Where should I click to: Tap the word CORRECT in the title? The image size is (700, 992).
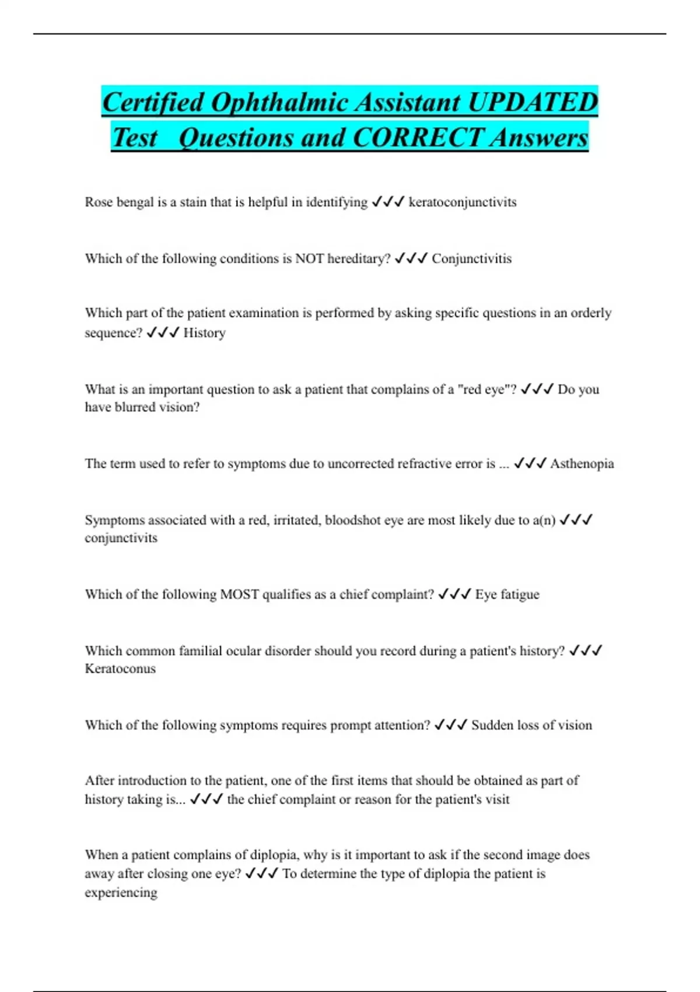click(418, 138)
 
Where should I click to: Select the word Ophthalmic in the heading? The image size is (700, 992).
click(279, 103)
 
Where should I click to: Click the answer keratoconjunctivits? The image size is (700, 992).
click(463, 202)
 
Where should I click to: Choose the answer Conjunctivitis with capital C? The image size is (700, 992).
click(471, 259)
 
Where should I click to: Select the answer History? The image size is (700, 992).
click(204, 333)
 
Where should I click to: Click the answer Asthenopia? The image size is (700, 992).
click(582, 464)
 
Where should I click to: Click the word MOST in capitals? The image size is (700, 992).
click(239, 595)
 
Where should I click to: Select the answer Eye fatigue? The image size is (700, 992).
click(507, 595)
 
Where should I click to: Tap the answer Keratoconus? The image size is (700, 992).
click(120, 669)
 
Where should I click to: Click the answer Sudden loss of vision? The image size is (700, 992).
click(531, 725)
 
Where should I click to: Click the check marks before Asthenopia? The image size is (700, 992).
click(530, 464)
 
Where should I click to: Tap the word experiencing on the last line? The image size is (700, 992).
click(121, 893)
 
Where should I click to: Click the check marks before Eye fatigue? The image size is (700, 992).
click(454, 595)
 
